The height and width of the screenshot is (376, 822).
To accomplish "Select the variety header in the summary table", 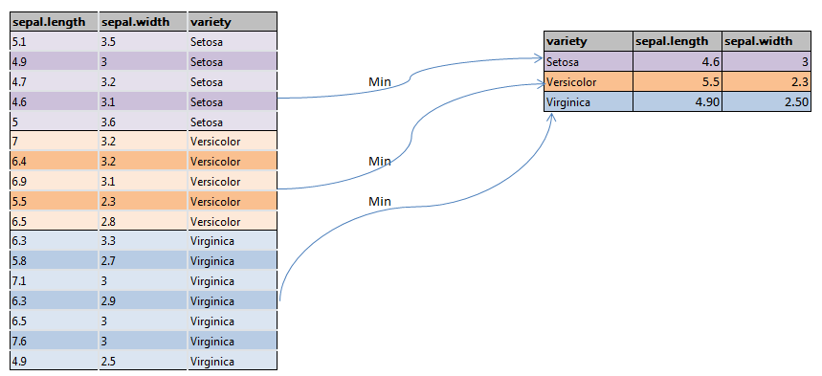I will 566,41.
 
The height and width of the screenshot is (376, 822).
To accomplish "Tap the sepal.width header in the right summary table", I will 755,41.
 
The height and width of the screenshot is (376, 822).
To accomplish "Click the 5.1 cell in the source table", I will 19,41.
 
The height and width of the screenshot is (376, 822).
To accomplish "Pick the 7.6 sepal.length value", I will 19,342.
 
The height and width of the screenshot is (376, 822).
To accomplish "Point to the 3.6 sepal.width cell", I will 110,122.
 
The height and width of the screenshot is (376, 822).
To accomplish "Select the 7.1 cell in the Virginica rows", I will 19,281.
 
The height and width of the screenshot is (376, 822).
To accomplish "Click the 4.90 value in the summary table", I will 695,101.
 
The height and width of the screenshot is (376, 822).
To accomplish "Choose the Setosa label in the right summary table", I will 565,61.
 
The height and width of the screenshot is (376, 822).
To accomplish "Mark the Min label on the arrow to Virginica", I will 380,201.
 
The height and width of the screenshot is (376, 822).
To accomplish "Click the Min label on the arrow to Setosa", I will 380,81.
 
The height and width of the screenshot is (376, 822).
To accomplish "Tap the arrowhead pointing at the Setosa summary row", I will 539,59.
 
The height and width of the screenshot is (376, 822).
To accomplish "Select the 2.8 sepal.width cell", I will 110,221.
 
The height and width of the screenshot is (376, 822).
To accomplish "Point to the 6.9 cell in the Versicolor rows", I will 19,181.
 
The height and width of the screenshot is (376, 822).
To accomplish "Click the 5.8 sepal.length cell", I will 19,261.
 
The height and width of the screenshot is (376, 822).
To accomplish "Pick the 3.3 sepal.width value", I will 110,241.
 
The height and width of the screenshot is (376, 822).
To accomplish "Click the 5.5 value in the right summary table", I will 700,81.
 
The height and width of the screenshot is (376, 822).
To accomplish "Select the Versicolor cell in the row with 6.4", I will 215,161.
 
